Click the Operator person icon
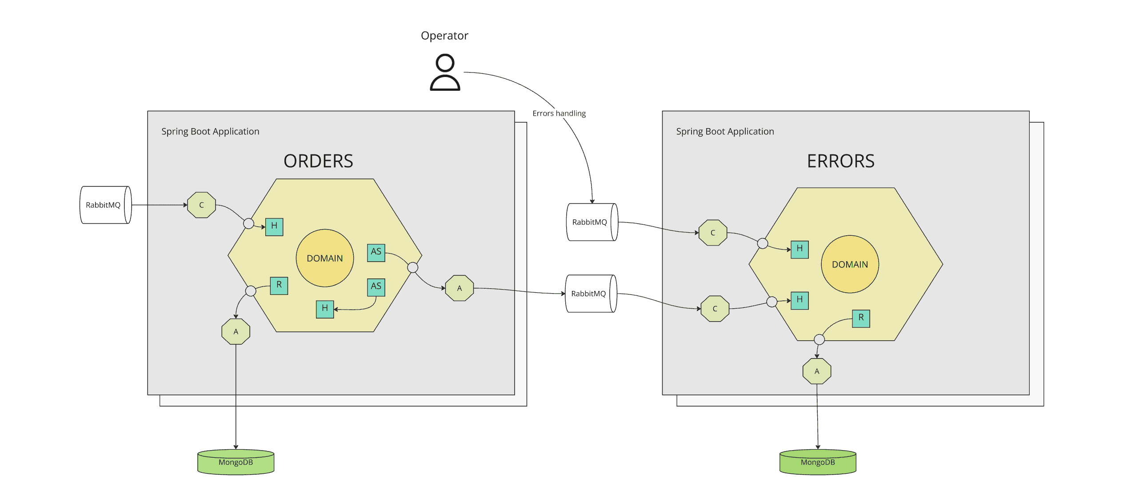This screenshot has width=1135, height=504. click(444, 72)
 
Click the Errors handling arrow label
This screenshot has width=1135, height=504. click(559, 113)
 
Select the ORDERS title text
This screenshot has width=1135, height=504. click(318, 161)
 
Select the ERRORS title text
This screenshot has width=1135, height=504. click(840, 161)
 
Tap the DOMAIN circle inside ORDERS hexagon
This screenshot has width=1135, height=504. click(324, 258)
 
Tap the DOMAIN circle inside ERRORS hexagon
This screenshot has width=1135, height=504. click(849, 264)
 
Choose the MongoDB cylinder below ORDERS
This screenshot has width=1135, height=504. click(236, 462)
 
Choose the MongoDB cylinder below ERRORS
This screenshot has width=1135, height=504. click(817, 462)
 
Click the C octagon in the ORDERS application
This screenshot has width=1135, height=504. click(201, 205)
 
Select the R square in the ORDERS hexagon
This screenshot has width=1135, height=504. click(279, 285)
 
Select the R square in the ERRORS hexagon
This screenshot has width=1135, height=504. click(860, 318)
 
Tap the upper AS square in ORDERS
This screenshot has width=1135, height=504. click(376, 252)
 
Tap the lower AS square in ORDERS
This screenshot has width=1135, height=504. click(376, 286)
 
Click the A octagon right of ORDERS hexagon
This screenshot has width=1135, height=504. click(459, 288)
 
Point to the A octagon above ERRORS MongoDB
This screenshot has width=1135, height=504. click(816, 371)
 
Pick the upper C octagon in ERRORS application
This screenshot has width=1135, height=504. click(712, 233)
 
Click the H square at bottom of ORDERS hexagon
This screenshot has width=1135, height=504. click(324, 309)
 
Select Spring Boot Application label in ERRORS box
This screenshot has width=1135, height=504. click(724, 132)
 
